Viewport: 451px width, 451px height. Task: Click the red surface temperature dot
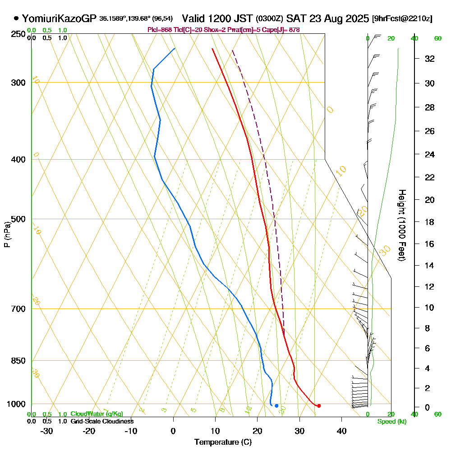click(x=319, y=406)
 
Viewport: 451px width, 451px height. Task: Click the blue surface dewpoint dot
click(x=276, y=406)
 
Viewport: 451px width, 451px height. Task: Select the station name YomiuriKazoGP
click(x=59, y=18)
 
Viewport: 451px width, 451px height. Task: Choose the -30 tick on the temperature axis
click(x=47, y=431)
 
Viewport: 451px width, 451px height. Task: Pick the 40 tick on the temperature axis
click(x=341, y=431)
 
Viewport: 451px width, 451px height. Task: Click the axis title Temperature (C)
click(x=223, y=442)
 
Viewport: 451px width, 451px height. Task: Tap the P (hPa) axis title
click(x=7, y=234)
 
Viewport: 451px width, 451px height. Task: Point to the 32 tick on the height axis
click(x=429, y=59)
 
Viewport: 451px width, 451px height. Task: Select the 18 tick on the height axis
click(x=429, y=222)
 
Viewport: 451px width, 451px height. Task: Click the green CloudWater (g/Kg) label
click(x=97, y=414)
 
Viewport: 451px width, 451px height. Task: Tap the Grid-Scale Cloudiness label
click(x=102, y=421)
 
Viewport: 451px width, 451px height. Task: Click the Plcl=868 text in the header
click(x=160, y=30)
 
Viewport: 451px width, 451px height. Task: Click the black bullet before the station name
click(x=16, y=18)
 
